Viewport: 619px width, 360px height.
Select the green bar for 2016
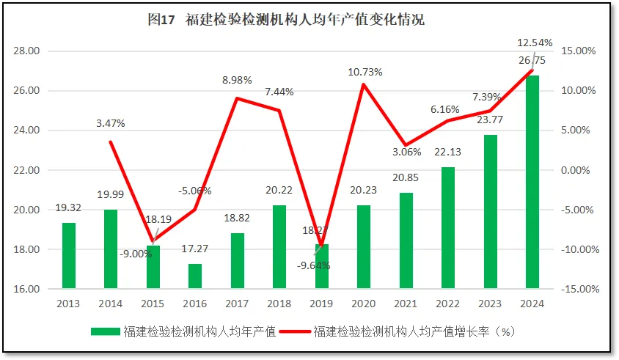(195, 276)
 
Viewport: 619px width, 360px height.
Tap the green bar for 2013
(68, 255)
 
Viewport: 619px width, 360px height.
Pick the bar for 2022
(448, 227)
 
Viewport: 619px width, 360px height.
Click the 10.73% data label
(365, 72)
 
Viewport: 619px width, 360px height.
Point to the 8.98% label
(238, 79)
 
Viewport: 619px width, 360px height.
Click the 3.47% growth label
(111, 122)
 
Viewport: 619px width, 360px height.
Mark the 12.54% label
(535, 43)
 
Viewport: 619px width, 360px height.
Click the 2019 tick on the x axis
(322, 302)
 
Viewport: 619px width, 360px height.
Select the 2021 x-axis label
(406, 302)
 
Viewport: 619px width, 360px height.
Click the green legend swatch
(106, 331)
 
